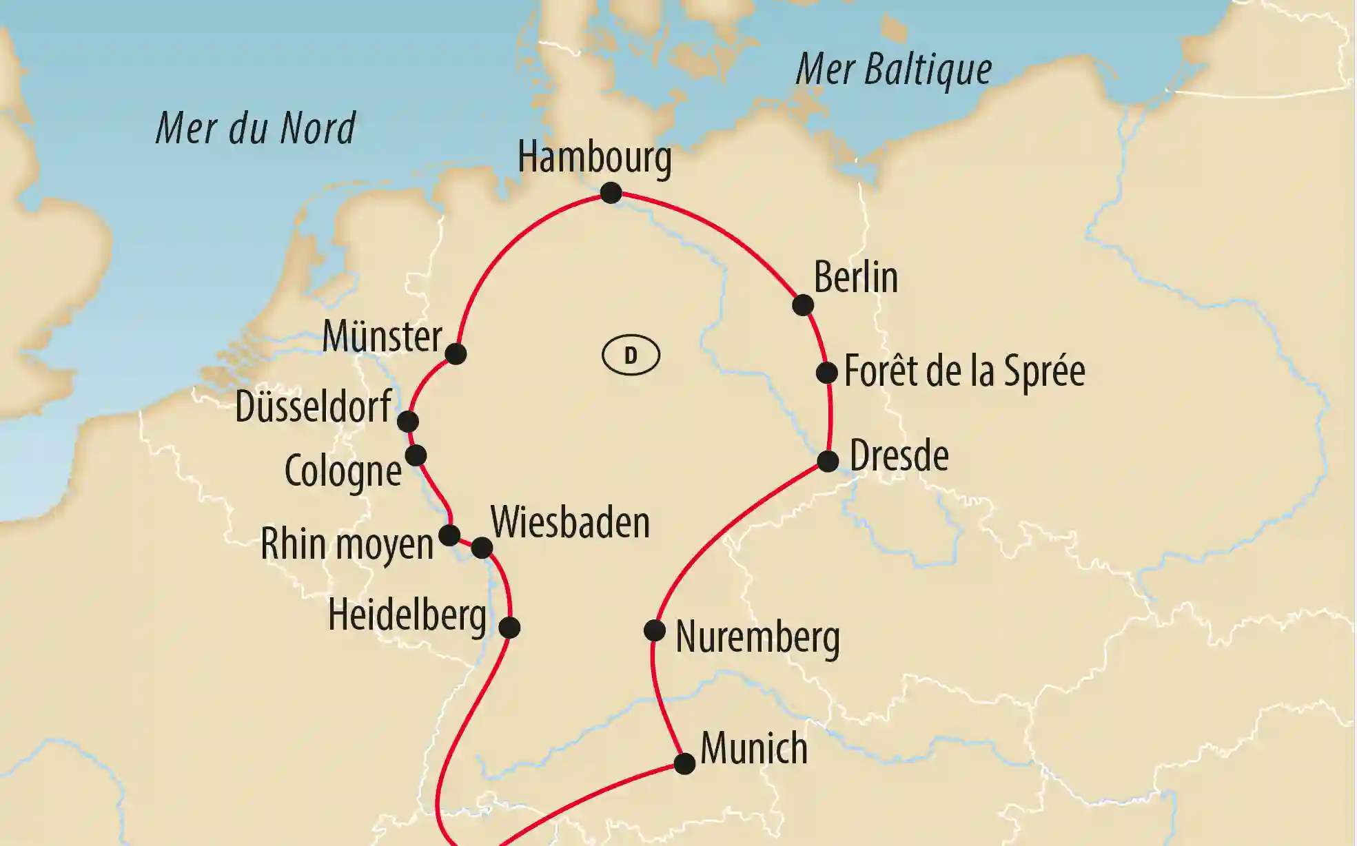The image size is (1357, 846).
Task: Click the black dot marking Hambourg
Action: [611, 193]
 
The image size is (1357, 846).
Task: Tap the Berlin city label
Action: [855, 278]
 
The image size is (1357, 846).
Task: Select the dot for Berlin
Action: [803, 305]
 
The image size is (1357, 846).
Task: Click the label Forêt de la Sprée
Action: [964, 371]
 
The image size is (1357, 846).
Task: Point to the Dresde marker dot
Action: [828, 461]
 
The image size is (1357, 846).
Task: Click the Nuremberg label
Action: [757, 637]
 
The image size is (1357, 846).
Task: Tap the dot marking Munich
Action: [684, 763]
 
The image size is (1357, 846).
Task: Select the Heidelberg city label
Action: [407, 615]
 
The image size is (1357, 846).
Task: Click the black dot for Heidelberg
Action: [509, 628]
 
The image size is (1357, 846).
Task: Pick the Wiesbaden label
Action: [570, 523]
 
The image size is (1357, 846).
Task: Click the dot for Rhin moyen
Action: [449, 535]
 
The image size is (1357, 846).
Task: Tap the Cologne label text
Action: [343, 472]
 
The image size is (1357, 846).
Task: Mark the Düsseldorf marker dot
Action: [408, 421]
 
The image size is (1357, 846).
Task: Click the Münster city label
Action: [382, 337]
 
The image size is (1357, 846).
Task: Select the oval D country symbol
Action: [631, 355]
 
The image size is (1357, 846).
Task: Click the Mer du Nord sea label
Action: [256, 129]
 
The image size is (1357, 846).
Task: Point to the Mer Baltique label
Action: [893, 70]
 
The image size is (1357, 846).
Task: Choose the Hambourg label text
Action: [594, 158]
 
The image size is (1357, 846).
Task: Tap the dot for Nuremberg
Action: [654, 630]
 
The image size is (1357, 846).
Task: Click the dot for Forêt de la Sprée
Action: [826, 373]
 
